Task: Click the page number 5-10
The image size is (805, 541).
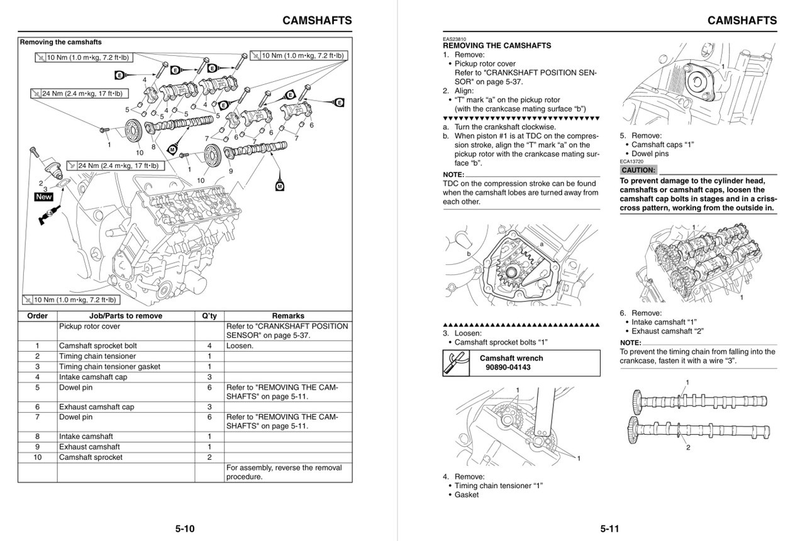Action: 184,528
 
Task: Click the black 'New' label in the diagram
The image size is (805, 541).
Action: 44,197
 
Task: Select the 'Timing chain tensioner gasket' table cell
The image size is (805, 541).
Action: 109,366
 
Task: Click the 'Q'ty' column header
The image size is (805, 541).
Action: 209,316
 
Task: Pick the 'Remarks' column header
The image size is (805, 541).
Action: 287,316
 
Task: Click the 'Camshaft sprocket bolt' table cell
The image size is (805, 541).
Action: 97,346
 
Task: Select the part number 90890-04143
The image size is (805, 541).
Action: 508,367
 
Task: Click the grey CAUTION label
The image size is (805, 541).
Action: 638,170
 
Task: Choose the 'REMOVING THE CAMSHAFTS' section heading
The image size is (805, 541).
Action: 497,46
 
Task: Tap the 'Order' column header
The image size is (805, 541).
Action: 38,316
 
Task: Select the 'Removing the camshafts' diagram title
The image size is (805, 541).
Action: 60,42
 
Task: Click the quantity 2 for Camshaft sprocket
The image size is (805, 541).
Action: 209,457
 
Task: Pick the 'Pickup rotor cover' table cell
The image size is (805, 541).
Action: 89,326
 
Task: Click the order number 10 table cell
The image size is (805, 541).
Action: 38,457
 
